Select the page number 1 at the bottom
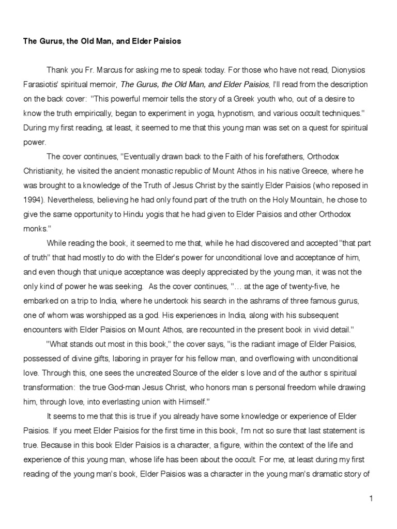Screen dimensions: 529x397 click(371, 498)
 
